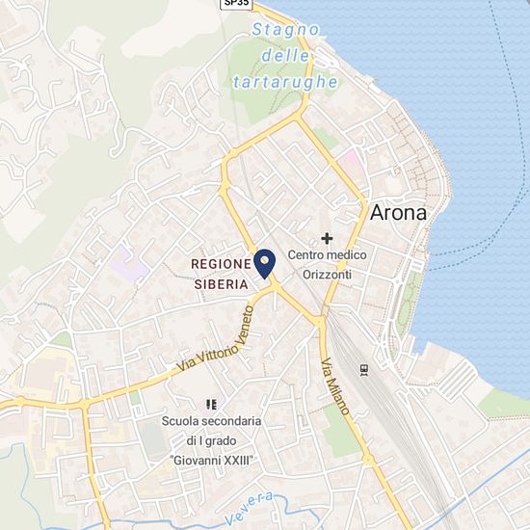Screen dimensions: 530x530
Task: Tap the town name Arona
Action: pos(397,213)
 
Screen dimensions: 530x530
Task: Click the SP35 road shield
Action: pos(236,4)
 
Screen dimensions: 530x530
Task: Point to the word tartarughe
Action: pos(285,83)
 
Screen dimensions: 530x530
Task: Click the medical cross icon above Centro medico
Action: pos(327,237)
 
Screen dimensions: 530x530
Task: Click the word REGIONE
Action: pos(221,263)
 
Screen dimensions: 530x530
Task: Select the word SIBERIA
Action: pos(221,284)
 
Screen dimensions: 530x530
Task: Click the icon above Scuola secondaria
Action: pos(210,404)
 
